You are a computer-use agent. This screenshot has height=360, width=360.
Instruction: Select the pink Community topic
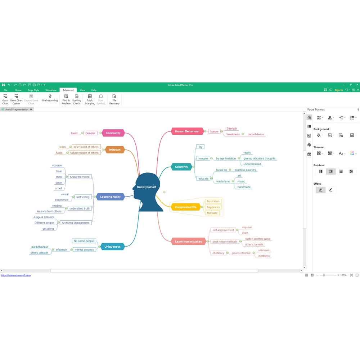[113, 133]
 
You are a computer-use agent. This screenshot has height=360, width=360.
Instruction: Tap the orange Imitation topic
[114, 150]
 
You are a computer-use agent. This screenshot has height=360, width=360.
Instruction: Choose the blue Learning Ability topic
[110, 197]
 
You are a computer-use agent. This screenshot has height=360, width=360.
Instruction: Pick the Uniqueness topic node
[112, 247]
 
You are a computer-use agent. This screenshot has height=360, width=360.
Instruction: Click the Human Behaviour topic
[187, 131]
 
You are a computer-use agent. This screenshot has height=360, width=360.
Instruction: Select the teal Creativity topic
[181, 167]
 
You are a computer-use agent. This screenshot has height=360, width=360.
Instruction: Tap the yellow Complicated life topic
[185, 207]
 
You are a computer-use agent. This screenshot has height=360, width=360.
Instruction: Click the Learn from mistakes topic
[188, 242]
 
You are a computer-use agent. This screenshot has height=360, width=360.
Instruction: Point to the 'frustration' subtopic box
[213, 201]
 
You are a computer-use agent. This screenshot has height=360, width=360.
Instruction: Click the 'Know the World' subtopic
[80, 177]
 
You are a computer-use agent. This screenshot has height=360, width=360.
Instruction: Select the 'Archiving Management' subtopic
[76, 223]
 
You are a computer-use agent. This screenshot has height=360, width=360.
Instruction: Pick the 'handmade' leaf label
[244, 187]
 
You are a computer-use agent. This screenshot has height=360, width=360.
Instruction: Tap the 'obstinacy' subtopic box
[219, 253]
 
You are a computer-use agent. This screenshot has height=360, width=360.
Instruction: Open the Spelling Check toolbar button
[76, 99]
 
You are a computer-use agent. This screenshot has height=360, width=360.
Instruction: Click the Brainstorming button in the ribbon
[50, 98]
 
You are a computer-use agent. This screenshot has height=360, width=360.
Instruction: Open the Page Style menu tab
[33, 90]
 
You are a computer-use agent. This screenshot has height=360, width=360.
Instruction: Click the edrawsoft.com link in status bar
[15, 275]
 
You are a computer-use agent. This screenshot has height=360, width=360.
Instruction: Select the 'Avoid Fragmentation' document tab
[17, 109]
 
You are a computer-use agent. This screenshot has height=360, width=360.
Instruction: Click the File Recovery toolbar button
[114, 99]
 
